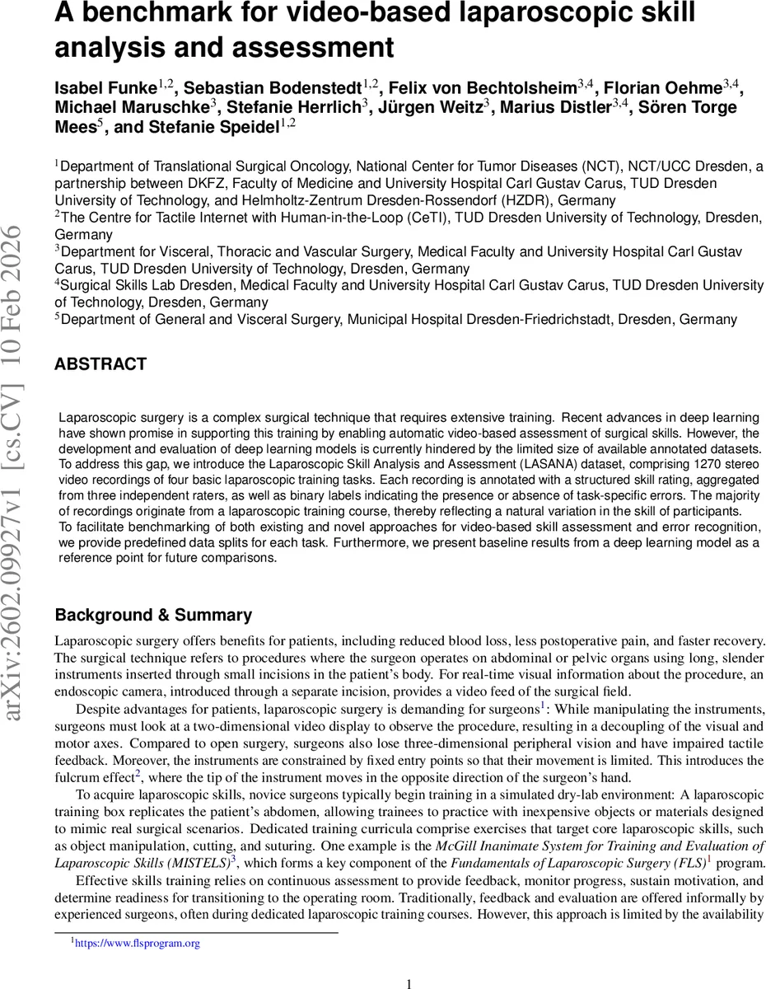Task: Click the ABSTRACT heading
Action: [x=100, y=364]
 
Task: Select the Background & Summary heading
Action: [x=153, y=616]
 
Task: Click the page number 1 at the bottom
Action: [x=409, y=982]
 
